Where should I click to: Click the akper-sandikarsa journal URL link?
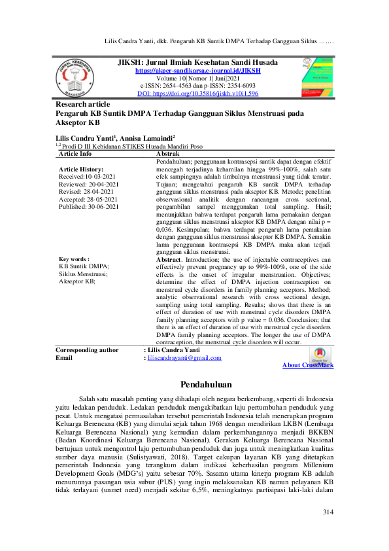pos(197,70)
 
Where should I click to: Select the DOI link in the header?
pos(197,94)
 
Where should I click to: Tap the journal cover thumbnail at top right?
pos(315,78)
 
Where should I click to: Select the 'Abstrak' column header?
pos(171,154)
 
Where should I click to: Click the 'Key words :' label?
pos(74,277)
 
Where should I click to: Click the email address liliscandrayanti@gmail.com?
pos(184,358)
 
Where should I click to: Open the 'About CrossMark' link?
pos(307,365)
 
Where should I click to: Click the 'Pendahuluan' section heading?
pos(194,383)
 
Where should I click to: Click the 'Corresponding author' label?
pos(87,350)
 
